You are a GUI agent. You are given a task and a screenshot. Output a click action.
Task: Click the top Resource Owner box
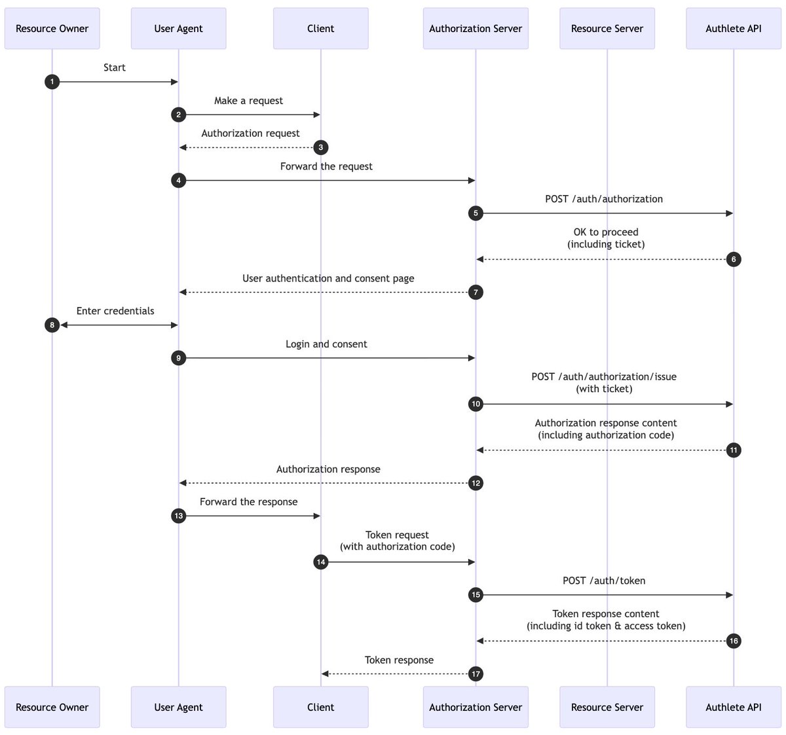click(x=52, y=29)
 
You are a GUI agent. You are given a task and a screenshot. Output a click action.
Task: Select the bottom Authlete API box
click(x=733, y=707)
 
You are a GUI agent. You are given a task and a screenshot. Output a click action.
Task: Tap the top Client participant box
click(x=320, y=29)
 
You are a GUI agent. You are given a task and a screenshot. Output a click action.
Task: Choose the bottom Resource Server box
click(x=607, y=707)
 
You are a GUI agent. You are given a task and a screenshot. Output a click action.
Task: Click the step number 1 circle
click(x=52, y=82)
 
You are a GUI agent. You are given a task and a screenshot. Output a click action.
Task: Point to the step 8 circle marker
click(x=52, y=325)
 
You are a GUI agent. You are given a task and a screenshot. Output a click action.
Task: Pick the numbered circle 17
click(x=476, y=673)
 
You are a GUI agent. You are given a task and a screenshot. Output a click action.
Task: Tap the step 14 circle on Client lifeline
click(x=320, y=562)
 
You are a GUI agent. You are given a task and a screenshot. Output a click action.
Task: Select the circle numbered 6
click(x=734, y=259)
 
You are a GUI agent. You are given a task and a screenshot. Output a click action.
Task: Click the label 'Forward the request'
click(x=326, y=166)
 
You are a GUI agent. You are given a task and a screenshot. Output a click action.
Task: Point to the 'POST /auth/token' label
click(x=603, y=581)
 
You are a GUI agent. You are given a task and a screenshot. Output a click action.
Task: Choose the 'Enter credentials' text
click(x=115, y=311)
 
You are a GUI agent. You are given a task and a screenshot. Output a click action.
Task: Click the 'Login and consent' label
click(x=326, y=344)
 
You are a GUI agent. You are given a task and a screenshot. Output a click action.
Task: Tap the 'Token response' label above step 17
click(x=399, y=660)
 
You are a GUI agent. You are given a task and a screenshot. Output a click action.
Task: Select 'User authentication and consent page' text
click(x=328, y=278)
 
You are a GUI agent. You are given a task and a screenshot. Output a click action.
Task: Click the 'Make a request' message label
click(x=248, y=101)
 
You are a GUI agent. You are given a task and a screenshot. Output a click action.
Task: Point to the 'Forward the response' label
click(x=248, y=501)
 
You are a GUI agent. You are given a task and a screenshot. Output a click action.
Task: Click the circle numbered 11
click(x=734, y=450)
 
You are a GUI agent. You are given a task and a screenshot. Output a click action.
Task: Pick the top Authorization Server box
click(x=476, y=29)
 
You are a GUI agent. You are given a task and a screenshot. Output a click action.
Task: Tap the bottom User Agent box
click(x=179, y=707)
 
